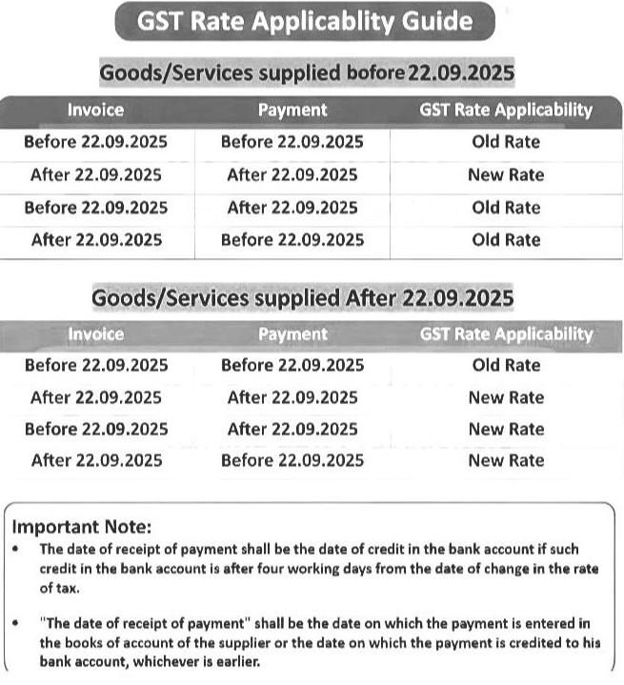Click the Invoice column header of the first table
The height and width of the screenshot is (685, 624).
point(95,110)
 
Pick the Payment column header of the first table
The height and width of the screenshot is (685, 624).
point(292,110)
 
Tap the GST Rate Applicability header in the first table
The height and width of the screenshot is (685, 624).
point(506,110)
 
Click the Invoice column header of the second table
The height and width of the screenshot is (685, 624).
point(95,333)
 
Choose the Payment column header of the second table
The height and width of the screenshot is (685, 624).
point(292,333)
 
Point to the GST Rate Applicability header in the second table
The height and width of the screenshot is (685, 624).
point(506,333)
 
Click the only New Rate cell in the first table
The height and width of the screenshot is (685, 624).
point(506,175)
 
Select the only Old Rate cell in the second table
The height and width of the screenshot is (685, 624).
point(506,365)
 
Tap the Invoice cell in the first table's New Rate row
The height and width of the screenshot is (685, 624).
point(96,175)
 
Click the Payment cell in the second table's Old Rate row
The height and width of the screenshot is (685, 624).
point(292,365)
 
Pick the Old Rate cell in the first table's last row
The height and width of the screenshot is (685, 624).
point(506,240)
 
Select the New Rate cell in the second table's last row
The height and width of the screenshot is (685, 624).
point(506,461)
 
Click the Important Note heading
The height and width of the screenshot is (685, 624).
point(81,527)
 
